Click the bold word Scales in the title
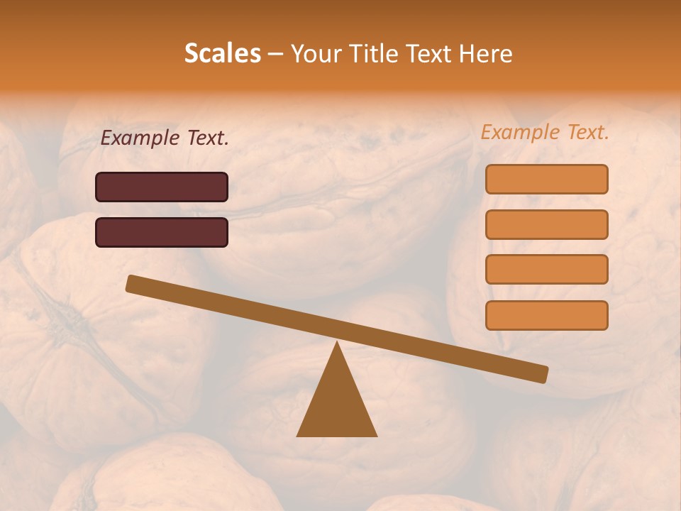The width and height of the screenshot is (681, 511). (222, 53)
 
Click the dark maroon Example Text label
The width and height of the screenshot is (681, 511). (165, 138)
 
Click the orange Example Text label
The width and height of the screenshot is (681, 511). (545, 132)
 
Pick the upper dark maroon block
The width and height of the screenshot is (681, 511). (162, 187)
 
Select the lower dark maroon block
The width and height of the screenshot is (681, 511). (162, 232)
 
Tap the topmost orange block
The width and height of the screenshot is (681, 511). (546, 179)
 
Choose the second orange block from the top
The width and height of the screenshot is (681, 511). (546, 224)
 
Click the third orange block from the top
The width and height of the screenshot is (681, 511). (546, 270)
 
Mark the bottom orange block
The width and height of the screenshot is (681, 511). (546, 315)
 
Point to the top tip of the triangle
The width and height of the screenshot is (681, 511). (337, 344)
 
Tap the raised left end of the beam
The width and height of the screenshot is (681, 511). (132, 283)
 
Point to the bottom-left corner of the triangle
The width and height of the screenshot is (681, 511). (298, 435)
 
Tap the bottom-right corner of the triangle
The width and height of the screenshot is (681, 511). (376, 435)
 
